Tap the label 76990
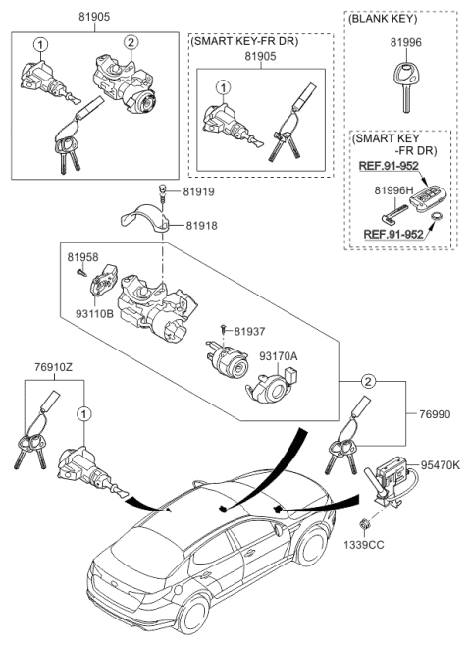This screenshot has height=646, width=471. point(434,414)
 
